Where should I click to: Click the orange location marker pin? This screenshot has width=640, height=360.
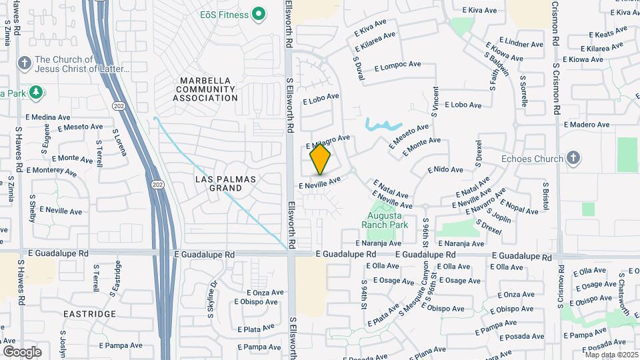pyautogui.click(x=321, y=159)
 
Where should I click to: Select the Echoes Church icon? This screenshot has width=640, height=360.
pyautogui.click(x=572, y=158)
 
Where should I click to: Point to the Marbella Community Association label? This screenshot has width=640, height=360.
pyautogui.click(x=205, y=89)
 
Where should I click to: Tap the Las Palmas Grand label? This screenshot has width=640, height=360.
pyautogui.click(x=225, y=183)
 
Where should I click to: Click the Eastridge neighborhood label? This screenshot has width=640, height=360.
pyautogui.click(x=90, y=313)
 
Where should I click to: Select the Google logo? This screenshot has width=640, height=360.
pyautogui.click(x=22, y=351)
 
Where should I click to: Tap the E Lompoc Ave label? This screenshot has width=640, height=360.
pyautogui.click(x=398, y=66)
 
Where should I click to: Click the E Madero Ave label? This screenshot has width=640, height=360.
pyautogui.click(x=587, y=125)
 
